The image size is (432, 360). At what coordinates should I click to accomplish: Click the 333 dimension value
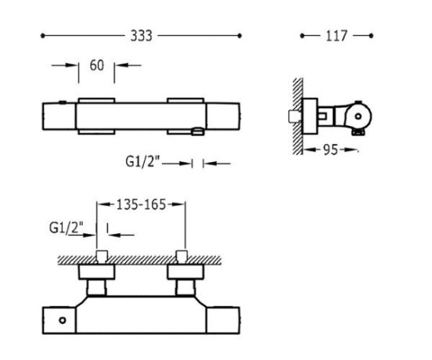[141, 36]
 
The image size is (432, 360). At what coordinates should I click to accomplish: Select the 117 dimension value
[336, 36]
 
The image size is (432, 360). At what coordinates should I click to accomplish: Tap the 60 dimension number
[97, 65]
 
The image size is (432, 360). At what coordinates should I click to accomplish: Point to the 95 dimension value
[330, 149]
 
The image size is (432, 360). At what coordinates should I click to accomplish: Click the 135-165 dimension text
[141, 204]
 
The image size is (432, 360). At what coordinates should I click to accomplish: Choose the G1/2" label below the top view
[142, 161]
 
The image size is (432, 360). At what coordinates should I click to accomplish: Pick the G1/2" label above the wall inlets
[66, 228]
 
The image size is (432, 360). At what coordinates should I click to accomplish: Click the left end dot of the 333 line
[42, 35]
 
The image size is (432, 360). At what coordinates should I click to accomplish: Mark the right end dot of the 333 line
[239, 35]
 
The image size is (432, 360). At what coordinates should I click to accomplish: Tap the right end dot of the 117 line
[371, 35]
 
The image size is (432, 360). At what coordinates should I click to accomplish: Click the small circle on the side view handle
[358, 117]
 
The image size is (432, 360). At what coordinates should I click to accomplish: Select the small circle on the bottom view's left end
[63, 320]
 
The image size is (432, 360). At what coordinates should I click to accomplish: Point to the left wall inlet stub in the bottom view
[102, 256]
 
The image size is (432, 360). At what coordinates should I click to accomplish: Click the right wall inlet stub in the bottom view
[182, 256]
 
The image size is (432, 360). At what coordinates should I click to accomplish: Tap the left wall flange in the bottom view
[96, 272]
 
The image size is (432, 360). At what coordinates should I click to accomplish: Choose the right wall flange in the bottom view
[185, 272]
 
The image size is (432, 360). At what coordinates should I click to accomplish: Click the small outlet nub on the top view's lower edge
[198, 131]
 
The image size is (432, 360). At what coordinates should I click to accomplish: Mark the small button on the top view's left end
[63, 103]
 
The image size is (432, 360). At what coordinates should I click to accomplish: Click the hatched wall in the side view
[298, 116]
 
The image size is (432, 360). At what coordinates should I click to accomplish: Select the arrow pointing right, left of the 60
[65, 65]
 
